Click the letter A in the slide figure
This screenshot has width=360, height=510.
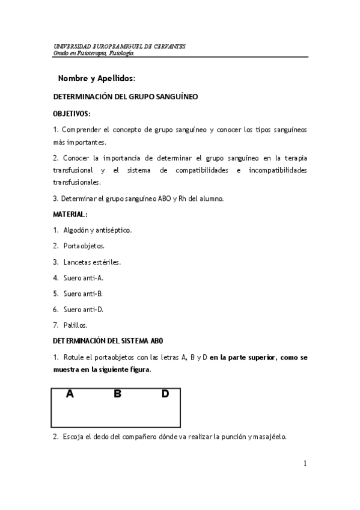pyautogui.click(x=70, y=394)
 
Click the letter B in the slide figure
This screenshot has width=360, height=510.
pyautogui.click(x=118, y=394)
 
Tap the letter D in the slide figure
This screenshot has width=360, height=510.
pyautogui.click(x=165, y=394)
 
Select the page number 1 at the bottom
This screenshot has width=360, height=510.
pyautogui.click(x=305, y=463)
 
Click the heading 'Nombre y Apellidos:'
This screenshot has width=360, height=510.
pyautogui.click(x=97, y=79)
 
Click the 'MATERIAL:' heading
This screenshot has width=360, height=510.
pyautogui.click(x=70, y=214)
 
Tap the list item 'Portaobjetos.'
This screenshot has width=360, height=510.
pyautogui.click(x=84, y=246)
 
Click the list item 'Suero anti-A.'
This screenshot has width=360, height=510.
pyautogui.click(x=84, y=278)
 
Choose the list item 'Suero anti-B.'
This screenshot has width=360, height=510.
pyautogui.click(x=84, y=293)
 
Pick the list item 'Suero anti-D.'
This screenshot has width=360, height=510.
pyautogui.click(x=84, y=309)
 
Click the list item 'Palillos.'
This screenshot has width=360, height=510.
pyautogui.click(x=75, y=325)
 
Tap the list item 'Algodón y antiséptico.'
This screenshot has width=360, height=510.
pyautogui.click(x=97, y=230)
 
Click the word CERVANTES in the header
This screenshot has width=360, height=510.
pyautogui.click(x=168, y=46)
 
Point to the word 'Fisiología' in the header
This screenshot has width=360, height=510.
pyautogui.click(x=121, y=53)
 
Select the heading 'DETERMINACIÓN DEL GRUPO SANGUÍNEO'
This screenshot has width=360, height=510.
pyautogui.click(x=126, y=96)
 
